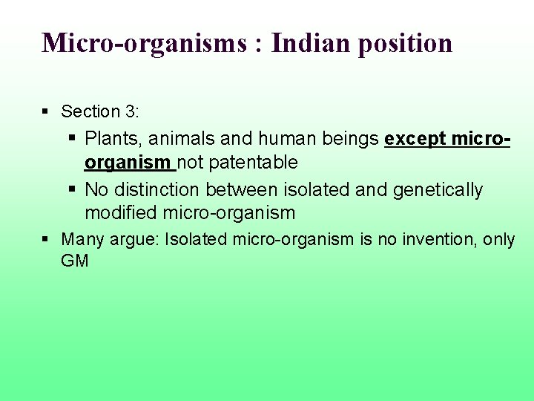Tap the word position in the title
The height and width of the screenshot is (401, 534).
406,44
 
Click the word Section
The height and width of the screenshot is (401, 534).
90,111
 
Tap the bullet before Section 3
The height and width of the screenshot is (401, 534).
45,111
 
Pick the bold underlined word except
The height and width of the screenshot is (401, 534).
415,139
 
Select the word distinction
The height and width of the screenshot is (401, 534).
156,189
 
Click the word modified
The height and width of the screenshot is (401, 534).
120,213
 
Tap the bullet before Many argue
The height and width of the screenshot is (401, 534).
45,239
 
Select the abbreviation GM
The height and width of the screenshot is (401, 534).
75,261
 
